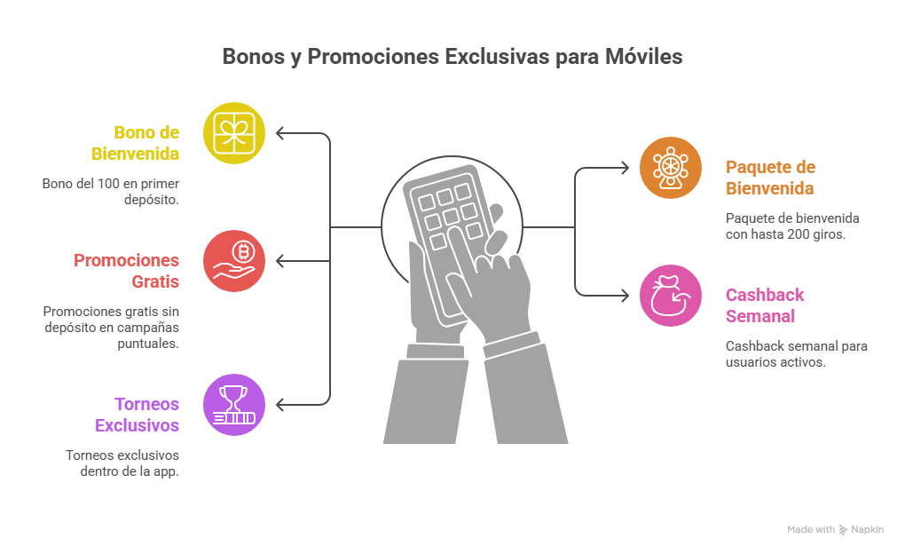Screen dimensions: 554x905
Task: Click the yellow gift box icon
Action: pyautogui.click(x=234, y=133)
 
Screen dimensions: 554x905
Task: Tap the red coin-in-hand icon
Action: pyautogui.click(x=234, y=261)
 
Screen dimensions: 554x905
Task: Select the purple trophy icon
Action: pyautogui.click(x=234, y=405)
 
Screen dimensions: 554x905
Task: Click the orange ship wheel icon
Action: pyautogui.click(x=671, y=167)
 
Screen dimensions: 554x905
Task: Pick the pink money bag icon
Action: pyautogui.click(x=671, y=295)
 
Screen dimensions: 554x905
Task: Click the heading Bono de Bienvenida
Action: pyautogui.click(x=135, y=143)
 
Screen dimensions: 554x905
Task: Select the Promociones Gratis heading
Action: pyautogui.click(x=126, y=271)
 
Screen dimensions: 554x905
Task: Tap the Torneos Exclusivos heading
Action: pyautogui.click(x=137, y=415)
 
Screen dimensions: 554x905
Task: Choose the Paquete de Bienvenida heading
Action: pyautogui.click(x=770, y=178)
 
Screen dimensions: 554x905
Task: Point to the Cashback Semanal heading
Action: pyautogui.click(x=765, y=305)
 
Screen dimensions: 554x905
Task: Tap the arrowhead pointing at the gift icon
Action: pyautogui.click(x=280, y=133)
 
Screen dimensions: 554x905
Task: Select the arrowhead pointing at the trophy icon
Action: pyautogui.click(x=280, y=405)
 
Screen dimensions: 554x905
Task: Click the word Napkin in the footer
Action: pyautogui.click(x=867, y=530)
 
